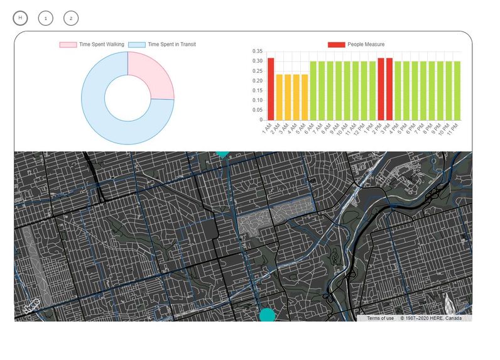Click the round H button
20,18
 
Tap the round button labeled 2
71,18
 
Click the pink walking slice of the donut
151,79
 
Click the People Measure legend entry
356,45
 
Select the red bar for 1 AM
271,89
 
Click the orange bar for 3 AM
288,97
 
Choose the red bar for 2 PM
381,89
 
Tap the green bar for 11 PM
457,90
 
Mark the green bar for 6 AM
313,90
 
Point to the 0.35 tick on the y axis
256,52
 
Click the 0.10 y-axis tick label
256,101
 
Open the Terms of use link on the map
381,318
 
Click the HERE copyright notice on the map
431,318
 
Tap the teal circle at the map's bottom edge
267,315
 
